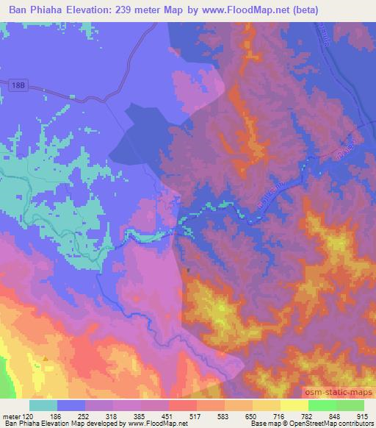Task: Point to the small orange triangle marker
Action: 46,358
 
